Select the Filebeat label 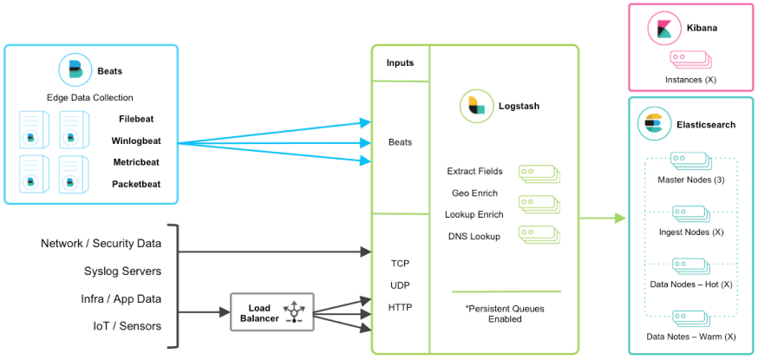coord(136,119)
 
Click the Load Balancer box coord(271,312)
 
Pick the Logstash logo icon coord(474,104)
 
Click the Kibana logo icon coord(663,28)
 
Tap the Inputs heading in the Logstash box coord(400,63)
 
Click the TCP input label coord(400,262)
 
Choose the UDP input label coord(400,285)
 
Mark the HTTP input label coord(400,307)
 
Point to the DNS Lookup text coord(474,237)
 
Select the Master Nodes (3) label coord(690,180)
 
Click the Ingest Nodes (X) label coord(690,232)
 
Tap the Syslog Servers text coord(121,272)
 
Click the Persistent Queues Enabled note coord(505,313)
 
